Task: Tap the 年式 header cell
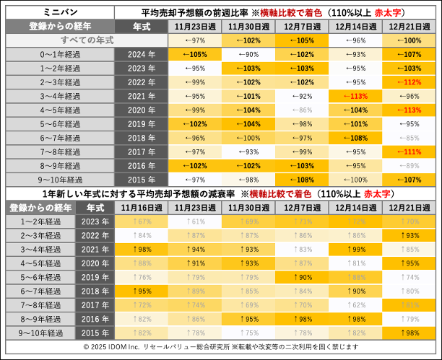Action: coord(142,26)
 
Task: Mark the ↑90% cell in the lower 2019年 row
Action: coord(303,277)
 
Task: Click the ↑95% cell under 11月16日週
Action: coord(140,291)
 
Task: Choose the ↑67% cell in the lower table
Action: coord(140,221)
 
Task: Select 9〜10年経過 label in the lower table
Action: coord(38,332)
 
